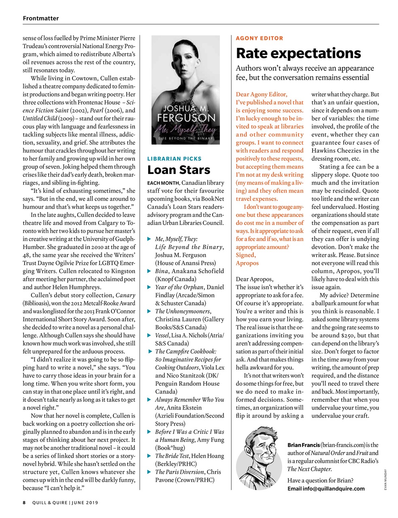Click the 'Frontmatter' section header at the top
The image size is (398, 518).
click(x=40, y=18)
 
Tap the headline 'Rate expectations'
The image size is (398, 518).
click(x=298, y=53)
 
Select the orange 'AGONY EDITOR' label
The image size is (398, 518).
click(x=260, y=38)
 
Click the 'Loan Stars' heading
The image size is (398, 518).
click(x=179, y=170)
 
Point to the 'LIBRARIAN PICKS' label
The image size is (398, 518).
click(x=174, y=159)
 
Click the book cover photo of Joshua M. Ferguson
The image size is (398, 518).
click(x=185, y=90)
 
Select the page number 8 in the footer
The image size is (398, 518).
click(x=24, y=503)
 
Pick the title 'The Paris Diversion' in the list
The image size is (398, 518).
click(x=179, y=472)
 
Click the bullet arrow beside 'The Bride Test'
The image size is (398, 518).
click(x=149, y=456)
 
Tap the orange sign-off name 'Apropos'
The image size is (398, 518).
click(x=247, y=263)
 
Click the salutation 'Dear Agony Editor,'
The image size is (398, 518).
click(x=261, y=94)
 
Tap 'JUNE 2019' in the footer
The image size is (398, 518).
click(x=85, y=503)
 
